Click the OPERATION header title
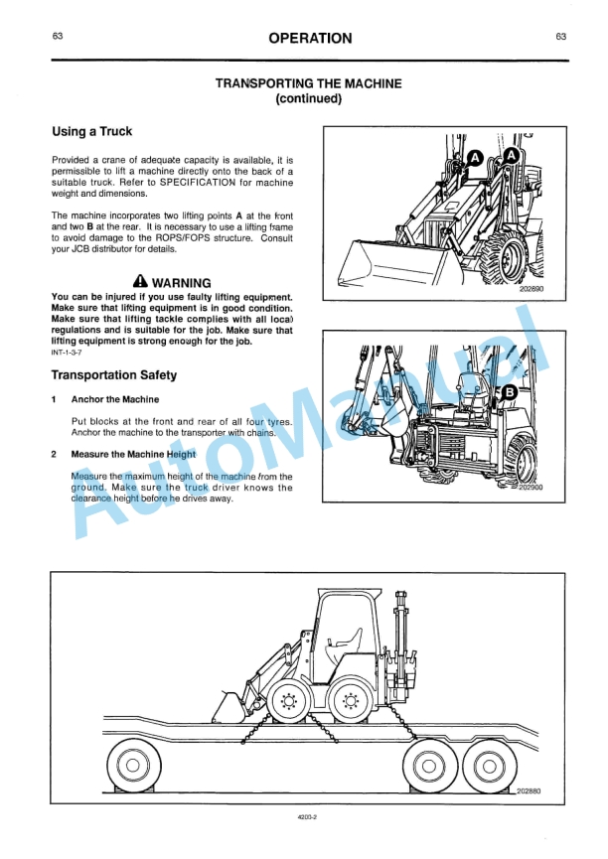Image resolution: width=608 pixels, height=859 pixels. point(309,39)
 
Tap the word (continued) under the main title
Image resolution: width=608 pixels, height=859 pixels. point(308,99)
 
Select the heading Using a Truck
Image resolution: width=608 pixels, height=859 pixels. point(91,131)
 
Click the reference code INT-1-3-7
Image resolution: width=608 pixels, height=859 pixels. point(67,352)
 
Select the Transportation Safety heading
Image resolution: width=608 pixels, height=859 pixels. point(114,374)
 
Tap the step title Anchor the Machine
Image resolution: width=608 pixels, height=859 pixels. point(114,399)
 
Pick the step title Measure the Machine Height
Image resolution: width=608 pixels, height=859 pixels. point(133,454)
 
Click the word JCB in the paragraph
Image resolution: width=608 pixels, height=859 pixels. point(71,249)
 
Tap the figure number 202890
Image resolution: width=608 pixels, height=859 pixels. point(532,290)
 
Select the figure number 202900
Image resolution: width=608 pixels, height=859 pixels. point(532,488)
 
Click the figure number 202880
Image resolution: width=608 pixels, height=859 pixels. point(531,790)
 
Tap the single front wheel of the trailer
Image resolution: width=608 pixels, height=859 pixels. point(126,764)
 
